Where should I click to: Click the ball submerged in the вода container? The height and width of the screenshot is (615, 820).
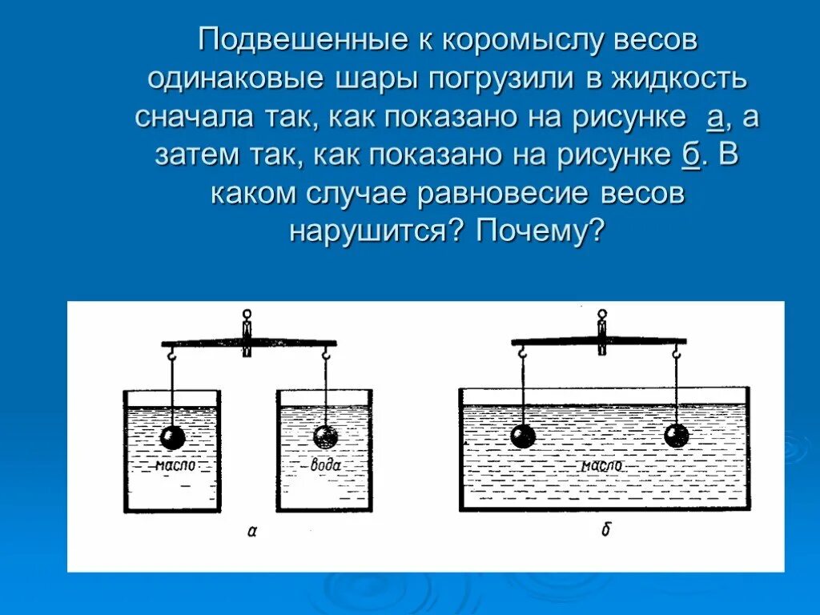pyautogui.click(x=325, y=436)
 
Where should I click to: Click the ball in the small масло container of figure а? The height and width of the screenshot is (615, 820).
pyautogui.click(x=172, y=436)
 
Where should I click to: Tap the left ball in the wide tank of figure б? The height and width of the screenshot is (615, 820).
pyautogui.click(x=523, y=436)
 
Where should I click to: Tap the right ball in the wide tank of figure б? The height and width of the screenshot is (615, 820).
pyautogui.click(x=677, y=436)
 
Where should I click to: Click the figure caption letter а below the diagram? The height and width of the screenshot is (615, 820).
pyautogui.click(x=251, y=529)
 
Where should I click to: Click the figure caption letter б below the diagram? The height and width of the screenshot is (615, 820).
pyautogui.click(x=605, y=529)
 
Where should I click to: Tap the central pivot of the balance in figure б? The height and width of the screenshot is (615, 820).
pyautogui.click(x=601, y=332)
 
